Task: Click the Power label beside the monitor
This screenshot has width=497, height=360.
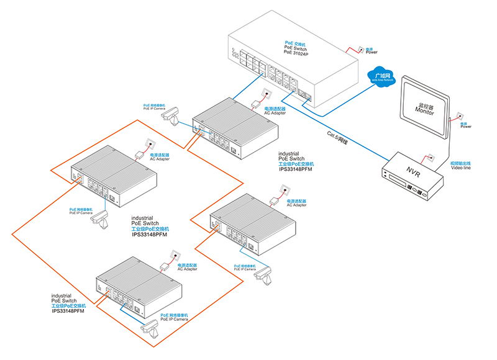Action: [x=465, y=127]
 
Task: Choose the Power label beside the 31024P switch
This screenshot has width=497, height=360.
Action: [x=371, y=52]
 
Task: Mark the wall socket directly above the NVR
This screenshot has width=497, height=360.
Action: [x=427, y=158]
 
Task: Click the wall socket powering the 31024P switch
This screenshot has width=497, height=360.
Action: [x=357, y=49]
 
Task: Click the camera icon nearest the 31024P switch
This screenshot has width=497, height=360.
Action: [x=171, y=114]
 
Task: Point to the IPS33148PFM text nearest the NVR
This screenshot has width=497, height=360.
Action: [x=296, y=167]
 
